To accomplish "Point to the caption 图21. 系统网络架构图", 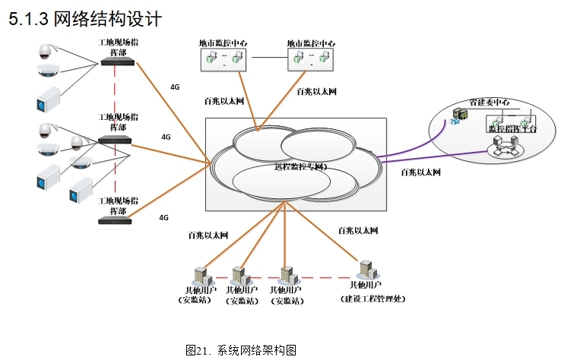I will pyautogui.click(x=240, y=350).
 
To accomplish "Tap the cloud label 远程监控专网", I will pyautogui.click(x=300, y=166).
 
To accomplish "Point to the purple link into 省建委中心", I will pyautogui.click(x=410, y=154).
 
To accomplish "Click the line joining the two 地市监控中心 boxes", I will pyautogui.click(x=269, y=58).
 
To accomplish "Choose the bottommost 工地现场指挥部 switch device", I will pyautogui.click(x=116, y=220).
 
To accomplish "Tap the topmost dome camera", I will pyautogui.click(x=45, y=51).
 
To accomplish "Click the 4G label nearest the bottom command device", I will pyautogui.click(x=163, y=217).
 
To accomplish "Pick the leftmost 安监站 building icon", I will pyautogui.click(x=201, y=275).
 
